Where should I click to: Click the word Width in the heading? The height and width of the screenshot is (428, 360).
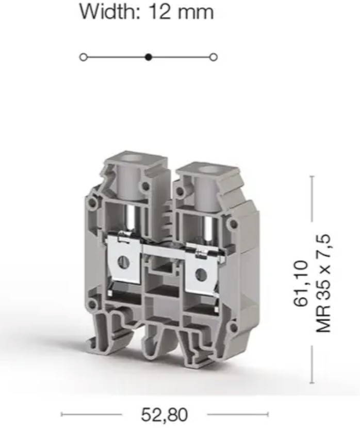pyautogui.click(x=110, y=11)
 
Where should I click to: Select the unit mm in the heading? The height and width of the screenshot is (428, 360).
pyautogui.click(x=195, y=13)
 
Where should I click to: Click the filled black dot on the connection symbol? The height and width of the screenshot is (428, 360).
pyautogui.click(x=149, y=57)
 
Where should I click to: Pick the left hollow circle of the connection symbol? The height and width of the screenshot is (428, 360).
pyautogui.click(x=84, y=57)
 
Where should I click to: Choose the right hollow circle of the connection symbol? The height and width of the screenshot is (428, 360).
pyautogui.click(x=214, y=57)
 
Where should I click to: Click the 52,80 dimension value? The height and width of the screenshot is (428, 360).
pyautogui.click(x=164, y=415)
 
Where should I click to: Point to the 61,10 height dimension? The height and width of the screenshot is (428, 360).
pyautogui.click(x=301, y=283)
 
